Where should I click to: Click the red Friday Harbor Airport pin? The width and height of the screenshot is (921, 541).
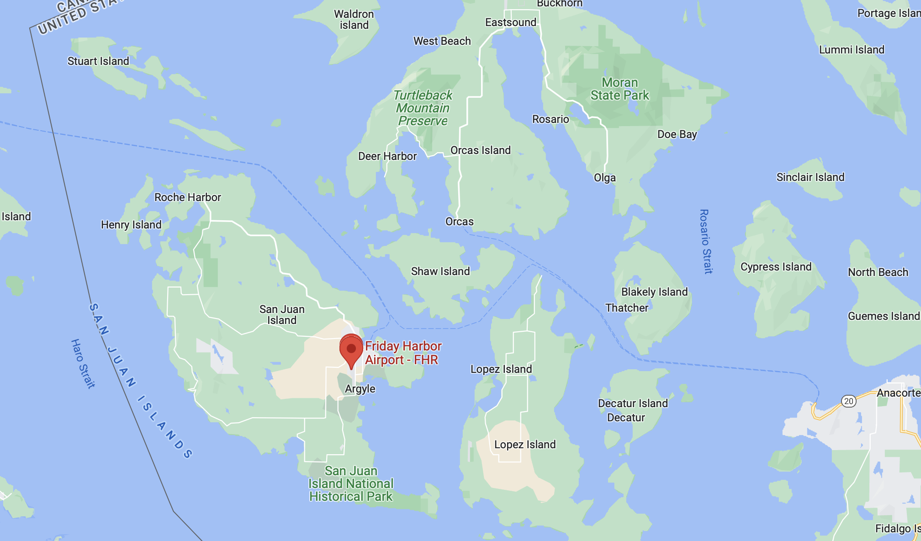pos(351,350)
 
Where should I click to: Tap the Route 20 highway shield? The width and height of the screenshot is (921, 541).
pos(848,401)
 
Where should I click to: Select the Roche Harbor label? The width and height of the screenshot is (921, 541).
pos(187,197)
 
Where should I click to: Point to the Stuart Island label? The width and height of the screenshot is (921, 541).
pos(98,61)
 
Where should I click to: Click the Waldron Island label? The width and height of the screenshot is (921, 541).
pos(354,20)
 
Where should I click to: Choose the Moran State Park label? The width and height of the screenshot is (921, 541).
pos(619,89)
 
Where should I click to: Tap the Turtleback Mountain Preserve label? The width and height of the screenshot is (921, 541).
pos(423,108)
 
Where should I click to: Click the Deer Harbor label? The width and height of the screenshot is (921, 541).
pos(387,156)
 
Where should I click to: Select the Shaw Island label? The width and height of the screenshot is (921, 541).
pos(440,271)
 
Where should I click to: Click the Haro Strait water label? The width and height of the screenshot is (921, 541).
pos(83,364)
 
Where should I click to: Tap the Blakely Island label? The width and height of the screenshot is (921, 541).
pos(654,292)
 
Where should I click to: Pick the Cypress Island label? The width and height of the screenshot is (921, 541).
pos(776,267)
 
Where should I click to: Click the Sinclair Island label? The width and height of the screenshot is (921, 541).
pos(810,177)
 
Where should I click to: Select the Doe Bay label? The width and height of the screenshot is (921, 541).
pos(677,134)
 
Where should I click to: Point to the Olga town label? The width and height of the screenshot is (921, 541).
pos(604,178)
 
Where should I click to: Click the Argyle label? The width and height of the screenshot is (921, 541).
pos(360,389)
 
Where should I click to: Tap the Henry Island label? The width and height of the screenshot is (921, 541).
pos(131,225)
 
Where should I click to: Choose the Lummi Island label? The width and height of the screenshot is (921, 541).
pos(852,50)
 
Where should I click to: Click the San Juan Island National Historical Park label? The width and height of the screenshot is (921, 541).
pos(351,484)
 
